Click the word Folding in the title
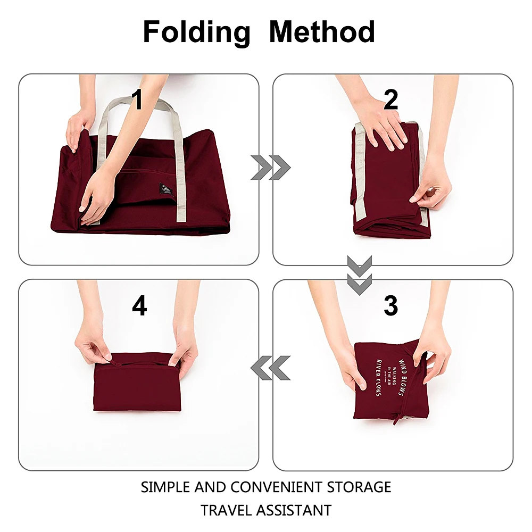[x=196, y=32]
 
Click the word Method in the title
[x=322, y=32]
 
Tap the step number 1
[x=137, y=100]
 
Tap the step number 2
[x=391, y=100]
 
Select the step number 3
[x=391, y=305]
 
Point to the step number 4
[x=139, y=305]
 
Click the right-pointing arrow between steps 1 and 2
[x=270, y=168]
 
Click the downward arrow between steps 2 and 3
[x=360, y=275]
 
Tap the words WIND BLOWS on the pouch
[x=403, y=377]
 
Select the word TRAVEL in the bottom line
[x=227, y=510]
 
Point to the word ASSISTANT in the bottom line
[x=294, y=510]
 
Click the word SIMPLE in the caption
[x=166, y=487]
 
